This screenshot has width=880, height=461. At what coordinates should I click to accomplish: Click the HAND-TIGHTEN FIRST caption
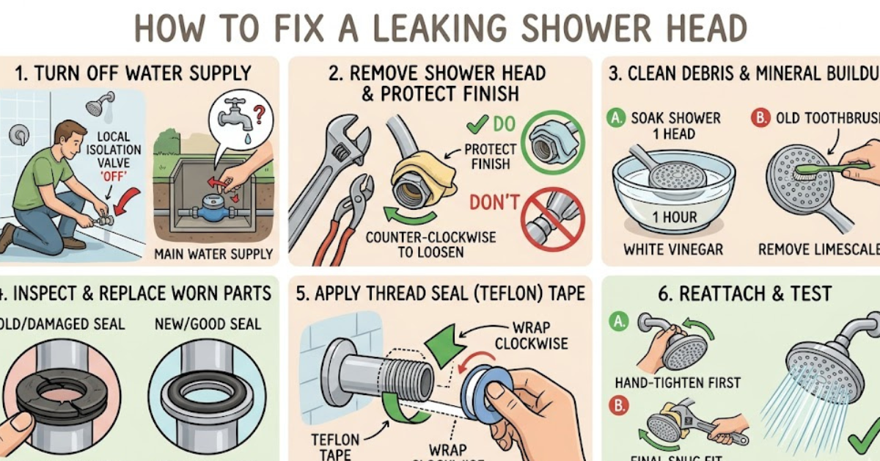point(678,382)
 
